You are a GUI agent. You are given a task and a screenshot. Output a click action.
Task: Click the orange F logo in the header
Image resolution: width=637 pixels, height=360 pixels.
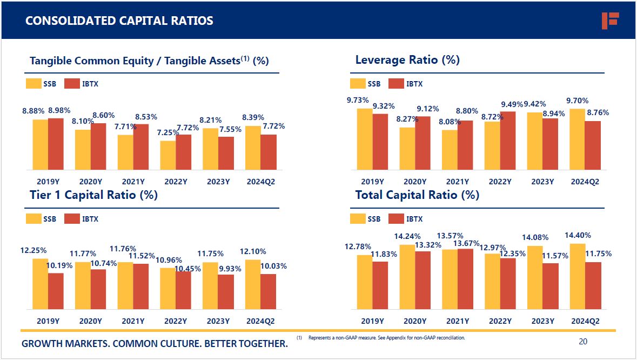tap(610, 21)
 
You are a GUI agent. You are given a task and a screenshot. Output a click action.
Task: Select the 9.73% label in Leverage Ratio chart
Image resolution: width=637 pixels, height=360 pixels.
tap(358, 100)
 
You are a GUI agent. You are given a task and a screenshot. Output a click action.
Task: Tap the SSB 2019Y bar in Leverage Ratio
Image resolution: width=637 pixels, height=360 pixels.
tap(365, 139)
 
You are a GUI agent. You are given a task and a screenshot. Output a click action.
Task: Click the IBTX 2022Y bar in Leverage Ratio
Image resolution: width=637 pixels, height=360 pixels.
tap(508, 141)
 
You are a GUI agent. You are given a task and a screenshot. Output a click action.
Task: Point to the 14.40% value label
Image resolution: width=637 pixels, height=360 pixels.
tap(578, 235)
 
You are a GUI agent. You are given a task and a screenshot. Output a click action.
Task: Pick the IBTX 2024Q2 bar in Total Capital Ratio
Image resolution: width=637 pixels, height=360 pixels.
tap(593, 285)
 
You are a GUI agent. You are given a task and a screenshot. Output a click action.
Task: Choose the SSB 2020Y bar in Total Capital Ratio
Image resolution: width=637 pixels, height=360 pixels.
tap(407, 277)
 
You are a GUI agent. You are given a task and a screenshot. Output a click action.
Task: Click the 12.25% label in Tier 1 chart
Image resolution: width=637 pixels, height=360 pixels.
tap(33, 250)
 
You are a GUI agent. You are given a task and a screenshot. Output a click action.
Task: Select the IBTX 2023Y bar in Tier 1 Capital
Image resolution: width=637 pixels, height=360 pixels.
tap(226, 292)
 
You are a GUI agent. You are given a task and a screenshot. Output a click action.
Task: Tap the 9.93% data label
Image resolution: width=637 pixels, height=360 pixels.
tap(230, 268)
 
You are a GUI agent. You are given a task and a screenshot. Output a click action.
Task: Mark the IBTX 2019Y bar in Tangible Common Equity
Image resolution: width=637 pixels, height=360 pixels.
tap(56, 144)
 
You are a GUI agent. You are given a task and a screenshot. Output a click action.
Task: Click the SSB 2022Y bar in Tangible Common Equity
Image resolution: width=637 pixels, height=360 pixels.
tap(167, 155)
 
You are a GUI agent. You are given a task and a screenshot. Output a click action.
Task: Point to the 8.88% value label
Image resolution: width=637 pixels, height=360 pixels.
tap(33, 110)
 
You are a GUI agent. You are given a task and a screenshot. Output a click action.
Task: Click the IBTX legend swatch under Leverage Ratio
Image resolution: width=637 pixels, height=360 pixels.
tap(396, 84)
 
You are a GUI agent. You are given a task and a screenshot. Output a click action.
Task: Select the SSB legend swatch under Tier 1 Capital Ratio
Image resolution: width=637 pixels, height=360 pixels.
tap(33, 219)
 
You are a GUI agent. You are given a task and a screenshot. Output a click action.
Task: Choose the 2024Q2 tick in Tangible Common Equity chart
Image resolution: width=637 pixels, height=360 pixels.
tap(260, 182)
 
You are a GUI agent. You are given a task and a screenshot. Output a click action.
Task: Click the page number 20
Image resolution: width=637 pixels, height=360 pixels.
tap(582, 341)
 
